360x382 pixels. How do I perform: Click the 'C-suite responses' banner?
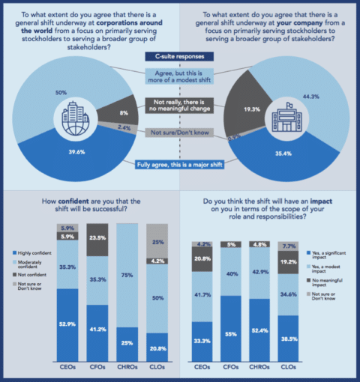point(180,57)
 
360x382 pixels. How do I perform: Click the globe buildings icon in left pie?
point(72,119)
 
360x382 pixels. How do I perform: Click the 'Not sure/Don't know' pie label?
point(180,132)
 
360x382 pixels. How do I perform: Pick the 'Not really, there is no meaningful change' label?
point(180,104)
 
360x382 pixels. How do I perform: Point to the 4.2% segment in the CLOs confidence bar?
point(158,261)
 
